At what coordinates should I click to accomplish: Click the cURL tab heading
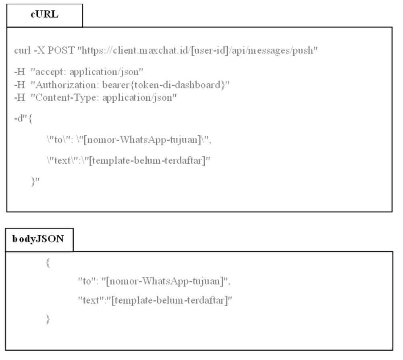tap(44, 14)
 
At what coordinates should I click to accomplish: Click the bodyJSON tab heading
tap(38, 239)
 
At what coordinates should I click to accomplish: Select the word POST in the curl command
tap(61, 50)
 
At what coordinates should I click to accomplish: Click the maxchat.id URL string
tap(197, 51)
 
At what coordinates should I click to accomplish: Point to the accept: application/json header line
tap(79, 72)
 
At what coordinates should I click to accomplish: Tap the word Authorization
tap(66, 85)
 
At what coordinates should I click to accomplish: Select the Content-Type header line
tap(96, 98)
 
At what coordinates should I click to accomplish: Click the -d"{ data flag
tap(23, 119)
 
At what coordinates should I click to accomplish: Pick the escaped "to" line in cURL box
tap(129, 140)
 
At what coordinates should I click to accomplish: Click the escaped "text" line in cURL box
tap(129, 161)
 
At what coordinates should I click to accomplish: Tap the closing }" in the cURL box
tap(35, 182)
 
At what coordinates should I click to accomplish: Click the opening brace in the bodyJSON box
tap(48, 263)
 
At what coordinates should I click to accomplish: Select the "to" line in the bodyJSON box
tap(154, 281)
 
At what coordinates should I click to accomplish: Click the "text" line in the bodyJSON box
tap(155, 300)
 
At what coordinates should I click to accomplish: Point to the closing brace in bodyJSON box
tap(48, 319)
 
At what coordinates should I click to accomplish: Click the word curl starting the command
tap(22, 50)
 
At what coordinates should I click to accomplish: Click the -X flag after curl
tap(39, 50)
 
